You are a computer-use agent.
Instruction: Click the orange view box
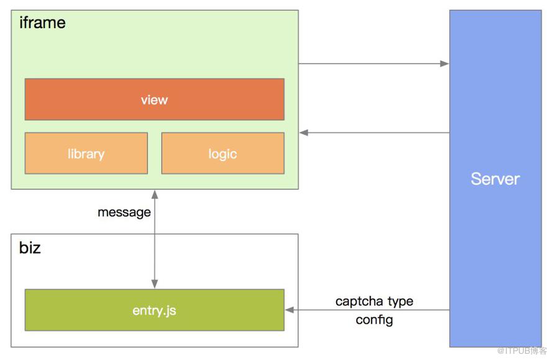155,99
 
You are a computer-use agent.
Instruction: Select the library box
86,153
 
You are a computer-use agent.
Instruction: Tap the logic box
223,153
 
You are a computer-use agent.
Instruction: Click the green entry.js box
155,310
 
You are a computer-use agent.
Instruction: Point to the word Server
495,179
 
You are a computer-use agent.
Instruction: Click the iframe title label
42,23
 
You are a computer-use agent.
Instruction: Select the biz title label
30,247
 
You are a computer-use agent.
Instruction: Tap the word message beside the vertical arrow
124,213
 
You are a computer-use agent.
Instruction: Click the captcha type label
374,302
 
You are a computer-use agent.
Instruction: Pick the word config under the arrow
374,320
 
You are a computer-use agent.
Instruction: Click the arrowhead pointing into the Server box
444,63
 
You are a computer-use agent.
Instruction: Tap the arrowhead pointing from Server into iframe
304,132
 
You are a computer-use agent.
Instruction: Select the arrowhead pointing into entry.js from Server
290,310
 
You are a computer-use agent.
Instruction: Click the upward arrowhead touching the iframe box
155,194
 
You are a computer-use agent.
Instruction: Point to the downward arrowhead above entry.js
155,284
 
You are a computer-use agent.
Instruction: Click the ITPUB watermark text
521,351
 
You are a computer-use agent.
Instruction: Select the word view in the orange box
155,100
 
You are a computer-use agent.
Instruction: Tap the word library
86,154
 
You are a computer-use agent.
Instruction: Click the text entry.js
155,311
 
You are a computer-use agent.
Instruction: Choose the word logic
223,154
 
